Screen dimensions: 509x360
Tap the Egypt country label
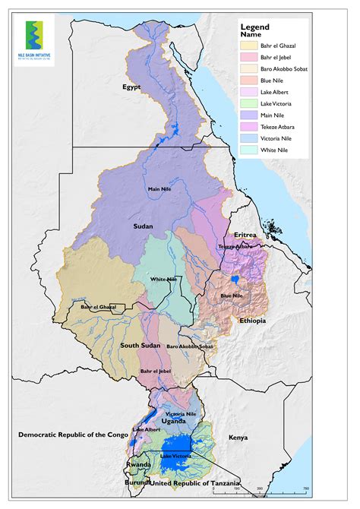[132, 87]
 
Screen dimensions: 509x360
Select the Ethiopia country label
[252, 321]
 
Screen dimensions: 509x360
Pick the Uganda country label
[173, 421]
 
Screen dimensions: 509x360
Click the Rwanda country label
[139, 465]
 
